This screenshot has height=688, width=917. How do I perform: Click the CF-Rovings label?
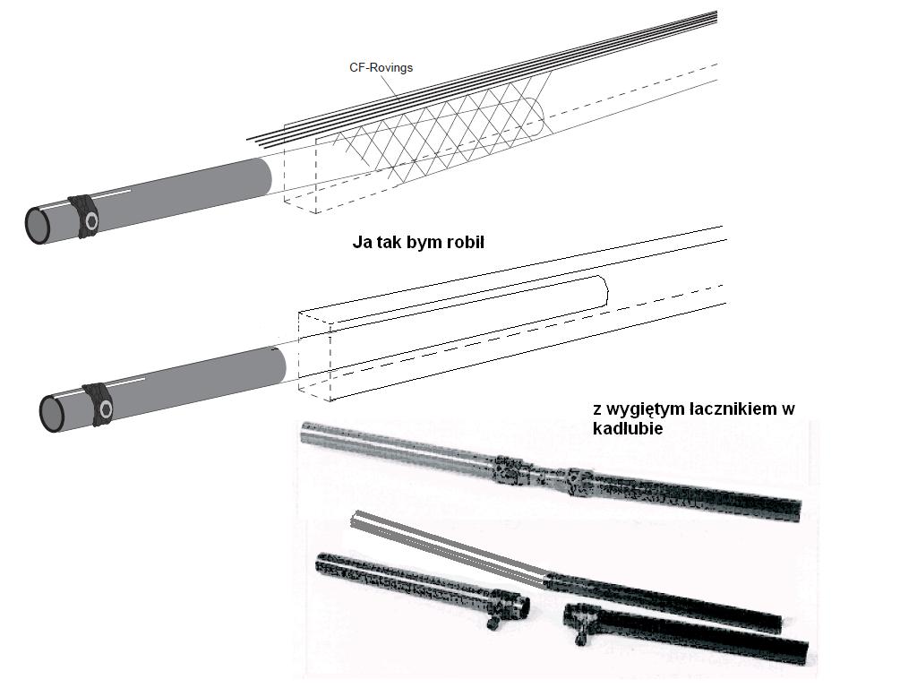pyautogui.click(x=381, y=67)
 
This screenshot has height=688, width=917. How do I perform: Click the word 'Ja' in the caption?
pyautogui.click(x=361, y=242)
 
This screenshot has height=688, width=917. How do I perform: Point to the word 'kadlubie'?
pyautogui.click(x=628, y=428)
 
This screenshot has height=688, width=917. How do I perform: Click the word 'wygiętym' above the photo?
pyautogui.click(x=647, y=409)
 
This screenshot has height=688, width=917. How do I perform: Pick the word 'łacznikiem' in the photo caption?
pyautogui.click(x=732, y=408)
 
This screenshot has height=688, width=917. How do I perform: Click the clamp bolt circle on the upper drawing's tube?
pyautogui.click(x=91, y=220)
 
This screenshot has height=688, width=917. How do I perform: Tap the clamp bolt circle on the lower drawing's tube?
pyautogui.click(x=106, y=408)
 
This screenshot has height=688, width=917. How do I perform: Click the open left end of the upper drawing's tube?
pyautogui.click(x=38, y=225)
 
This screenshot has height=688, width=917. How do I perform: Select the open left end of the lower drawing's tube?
pyautogui.click(x=52, y=413)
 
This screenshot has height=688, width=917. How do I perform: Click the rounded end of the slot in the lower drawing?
pyautogui.click(x=605, y=291)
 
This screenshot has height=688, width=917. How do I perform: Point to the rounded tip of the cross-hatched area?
pyautogui.click(x=539, y=114)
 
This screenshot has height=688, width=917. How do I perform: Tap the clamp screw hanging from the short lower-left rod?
pyautogui.click(x=493, y=622)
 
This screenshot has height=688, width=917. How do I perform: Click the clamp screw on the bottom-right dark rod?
pyautogui.click(x=580, y=634)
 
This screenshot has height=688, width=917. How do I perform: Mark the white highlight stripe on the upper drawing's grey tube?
pyautogui.click(x=111, y=194)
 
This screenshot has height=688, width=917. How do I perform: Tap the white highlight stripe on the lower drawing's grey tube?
pyautogui.click(x=125, y=383)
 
